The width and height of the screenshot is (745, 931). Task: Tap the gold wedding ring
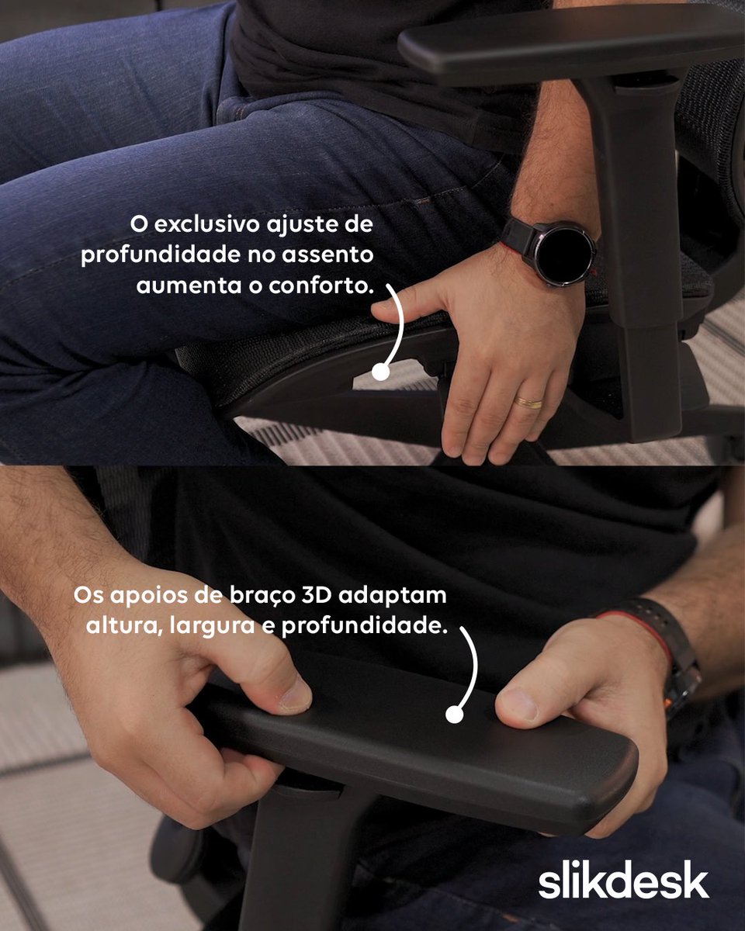click(x=529, y=403)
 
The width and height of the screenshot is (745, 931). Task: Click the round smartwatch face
click(x=560, y=254)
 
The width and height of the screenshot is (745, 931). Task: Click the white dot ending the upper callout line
click(x=380, y=372)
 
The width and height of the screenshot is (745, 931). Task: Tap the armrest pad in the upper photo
click(x=567, y=47)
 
